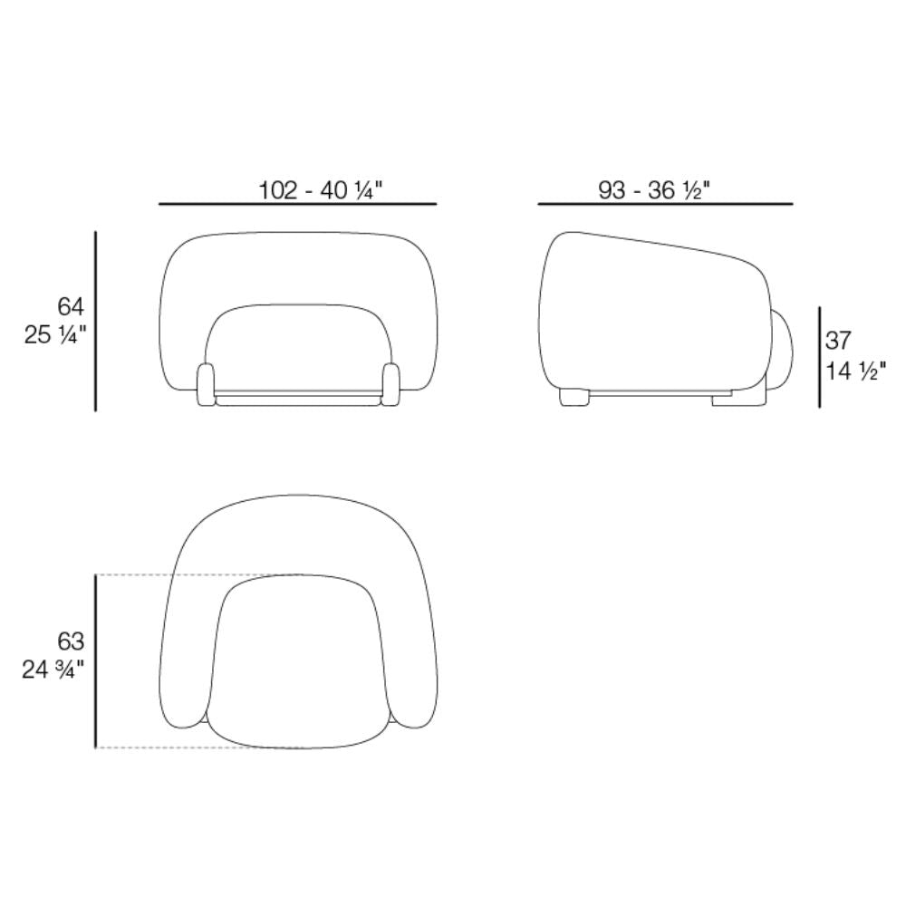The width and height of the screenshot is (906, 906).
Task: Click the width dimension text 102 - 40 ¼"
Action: pos(321,190)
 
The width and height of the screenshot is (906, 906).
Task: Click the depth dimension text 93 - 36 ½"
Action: pos(653,189)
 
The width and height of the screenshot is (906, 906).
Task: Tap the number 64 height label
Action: pos(71,307)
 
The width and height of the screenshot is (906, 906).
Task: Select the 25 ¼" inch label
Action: pos(55,335)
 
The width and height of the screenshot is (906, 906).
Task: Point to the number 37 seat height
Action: pos(838,341)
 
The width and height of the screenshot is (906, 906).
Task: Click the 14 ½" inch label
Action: pos(855,371)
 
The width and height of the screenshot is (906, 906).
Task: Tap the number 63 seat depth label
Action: pos(71,641)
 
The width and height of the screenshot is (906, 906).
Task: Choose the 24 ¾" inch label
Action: pos(53,670)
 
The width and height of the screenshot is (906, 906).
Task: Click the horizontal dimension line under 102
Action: pos(297,204)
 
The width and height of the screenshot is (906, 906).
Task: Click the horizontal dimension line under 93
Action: pos(665,204)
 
